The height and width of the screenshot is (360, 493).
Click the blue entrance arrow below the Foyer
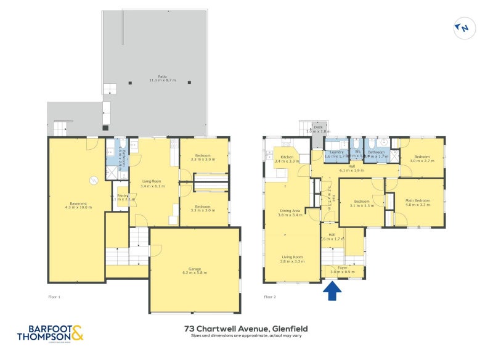click(x=332, y=291)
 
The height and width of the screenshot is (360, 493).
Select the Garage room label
click(x=194, y=270)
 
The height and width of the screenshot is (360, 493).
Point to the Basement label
click(x=78, y=205)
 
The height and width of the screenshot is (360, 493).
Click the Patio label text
click(x=162, y=78)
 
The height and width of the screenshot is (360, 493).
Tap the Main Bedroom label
click(x=417, y=202)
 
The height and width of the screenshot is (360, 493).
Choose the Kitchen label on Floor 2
click(x=287, y=159)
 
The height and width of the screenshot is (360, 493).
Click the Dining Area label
click(x=289, y=213)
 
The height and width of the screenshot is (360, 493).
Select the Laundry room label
click(x=336, y=154)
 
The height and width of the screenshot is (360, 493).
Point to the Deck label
click(x=318, y=129)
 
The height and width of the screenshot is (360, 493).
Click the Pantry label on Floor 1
click(x=123, y=197)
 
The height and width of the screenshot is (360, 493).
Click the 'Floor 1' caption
click(x=54, y=297)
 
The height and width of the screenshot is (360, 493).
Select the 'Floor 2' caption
click(x=270, y=297)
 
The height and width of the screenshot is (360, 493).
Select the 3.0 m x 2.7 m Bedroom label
click(x=422, y=158)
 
